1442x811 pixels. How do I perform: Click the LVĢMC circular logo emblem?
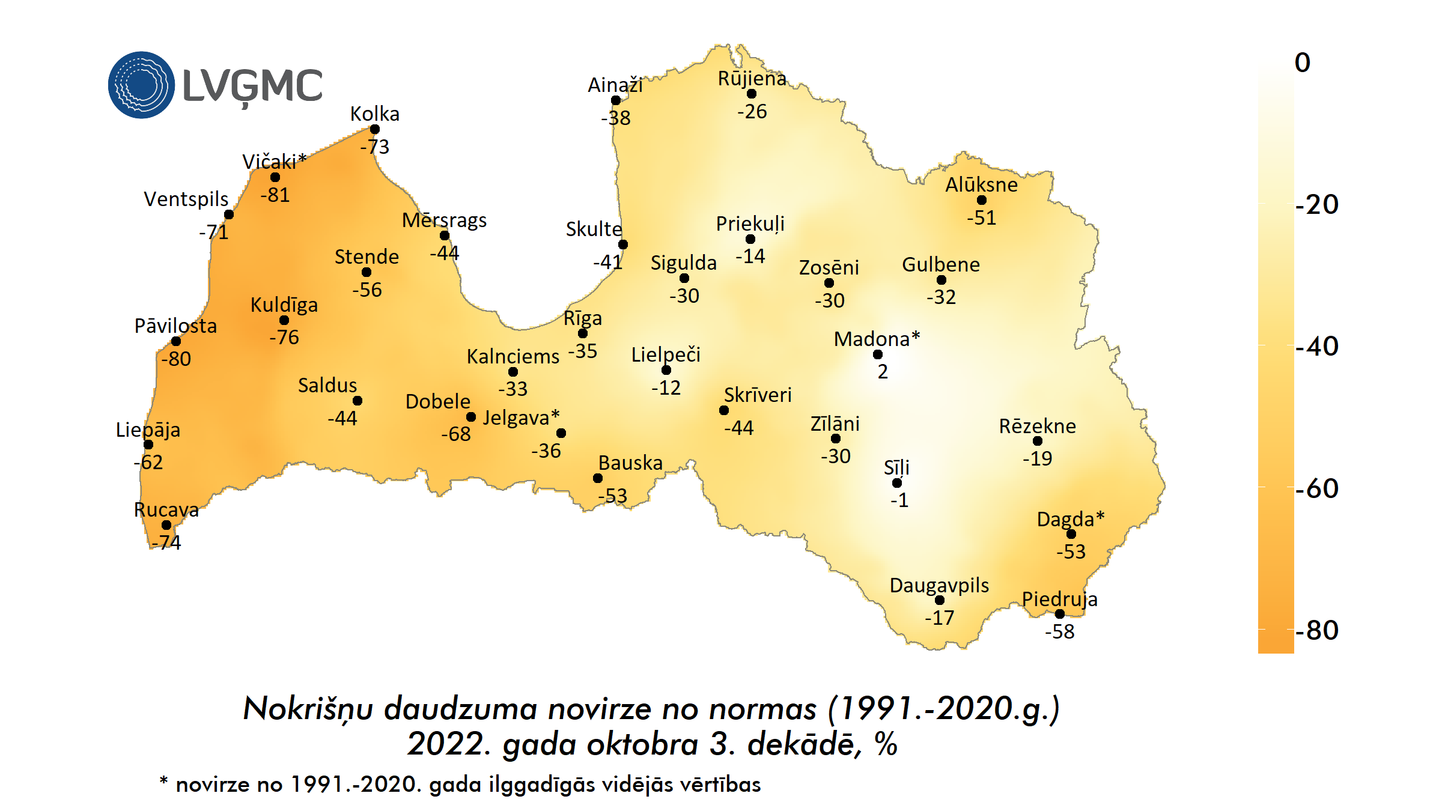pos(141,85)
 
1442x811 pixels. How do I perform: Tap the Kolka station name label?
pos(374,114)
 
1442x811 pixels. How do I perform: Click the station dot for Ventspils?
pos(229,214)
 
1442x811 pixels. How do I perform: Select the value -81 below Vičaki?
pos(275,195)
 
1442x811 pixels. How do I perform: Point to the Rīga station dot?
pos(583,333)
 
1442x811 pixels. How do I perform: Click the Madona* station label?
pos(877,339)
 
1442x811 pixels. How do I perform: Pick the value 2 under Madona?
pos(882,372)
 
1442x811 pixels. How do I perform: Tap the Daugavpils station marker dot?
pos(940,600)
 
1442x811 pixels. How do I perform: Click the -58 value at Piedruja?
pos(1059,632)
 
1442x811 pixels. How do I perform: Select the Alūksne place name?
pos(981,185)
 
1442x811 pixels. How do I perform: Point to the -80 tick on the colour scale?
pos(1317,631)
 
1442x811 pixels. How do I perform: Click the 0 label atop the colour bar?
pos(1303,63)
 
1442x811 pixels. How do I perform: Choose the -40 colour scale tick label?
pos(1317,347)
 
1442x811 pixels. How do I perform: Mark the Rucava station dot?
pos(166,525)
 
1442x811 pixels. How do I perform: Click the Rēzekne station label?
pos(1037,427)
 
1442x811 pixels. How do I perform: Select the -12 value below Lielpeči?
pos(666,388)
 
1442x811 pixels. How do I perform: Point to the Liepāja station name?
pos(148,430)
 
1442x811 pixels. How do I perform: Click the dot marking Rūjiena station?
pos(752,94)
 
